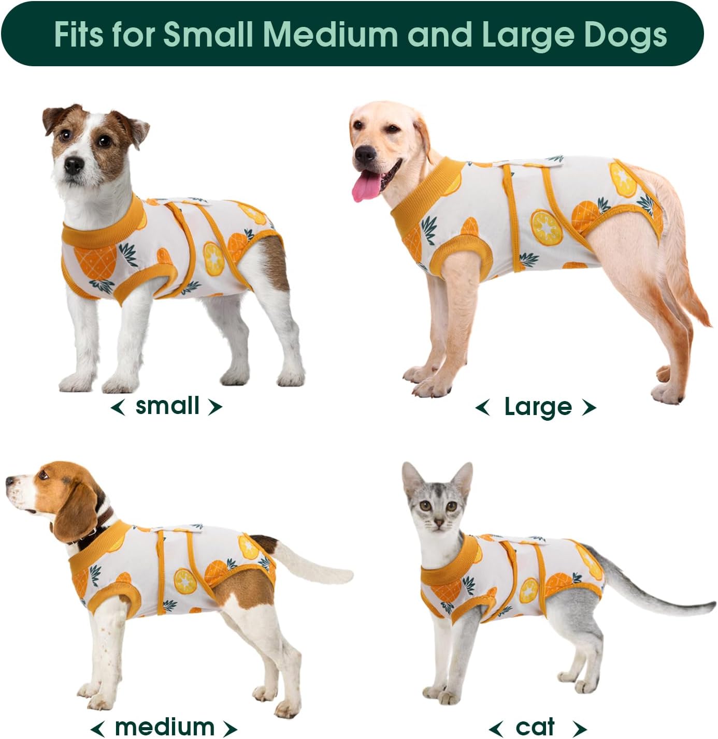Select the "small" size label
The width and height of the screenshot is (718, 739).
[x=167, y=406]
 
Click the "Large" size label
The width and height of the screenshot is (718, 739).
[x=538, y=407]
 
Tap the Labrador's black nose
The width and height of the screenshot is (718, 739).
[x=366, y=153]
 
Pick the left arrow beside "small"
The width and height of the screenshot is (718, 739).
[x=118, y=407]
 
